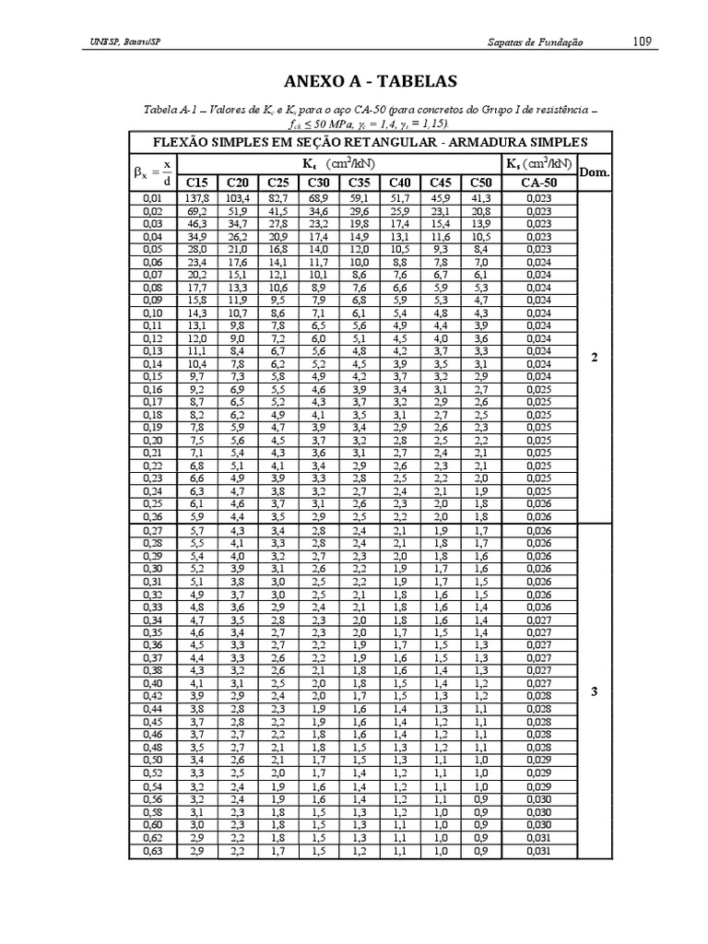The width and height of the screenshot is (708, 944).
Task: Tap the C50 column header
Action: click(480, 183)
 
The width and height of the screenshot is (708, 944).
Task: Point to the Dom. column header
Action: click(595, 172)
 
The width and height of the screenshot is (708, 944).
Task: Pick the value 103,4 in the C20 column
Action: click(236, 198)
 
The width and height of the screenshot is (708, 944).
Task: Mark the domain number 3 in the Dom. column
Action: click(595, 691)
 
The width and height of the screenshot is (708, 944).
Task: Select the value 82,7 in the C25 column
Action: click(277, 198)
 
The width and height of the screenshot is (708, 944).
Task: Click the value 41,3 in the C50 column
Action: click(480, 198)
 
